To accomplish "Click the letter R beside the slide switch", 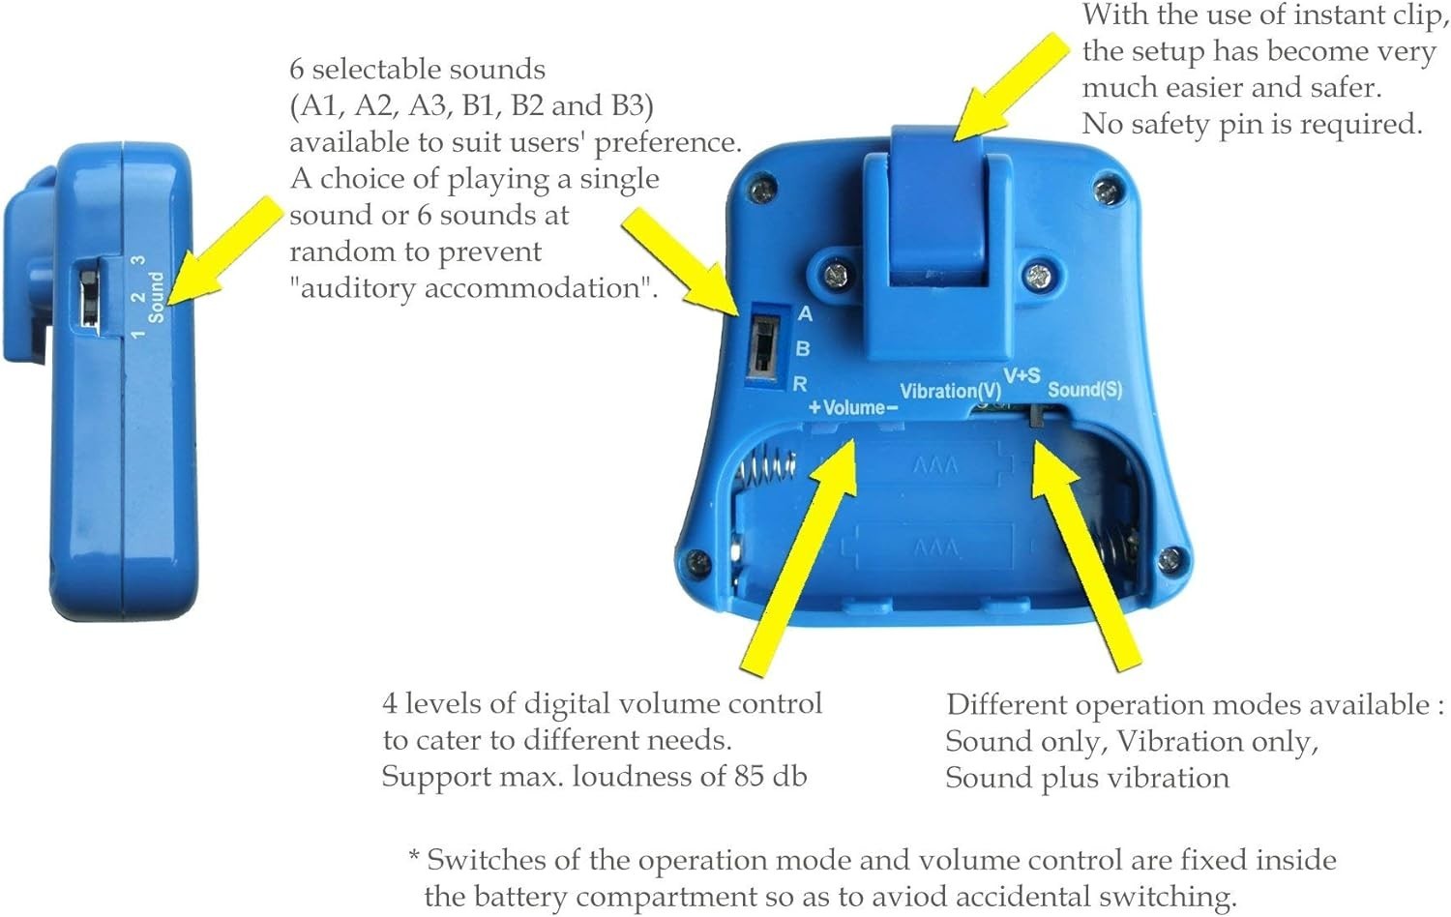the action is pyautogui.click(x=801, y=384).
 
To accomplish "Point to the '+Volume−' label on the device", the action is pyautogui.click(x=853, y=407).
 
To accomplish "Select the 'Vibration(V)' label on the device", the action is pyautogui.click(x=950, y=391).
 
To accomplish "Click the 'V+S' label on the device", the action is pyautogui.click(x=1022, y=375).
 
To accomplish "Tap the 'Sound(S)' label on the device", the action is pyautogui.click(x=1085, y=389).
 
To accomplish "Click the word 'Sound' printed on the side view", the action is pyautogui.click(x=156, y=297).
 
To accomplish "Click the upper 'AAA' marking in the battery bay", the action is pyautogui.click(x=934, y=465).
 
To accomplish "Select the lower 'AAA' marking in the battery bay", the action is pyautogui.click(x=935, y=548).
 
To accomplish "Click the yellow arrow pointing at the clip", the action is pyautogui.click(x=1011, y=86).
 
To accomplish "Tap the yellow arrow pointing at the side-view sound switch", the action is pyautogui.click(x=224, y=251).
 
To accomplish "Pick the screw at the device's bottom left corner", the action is pyautogui.click(x=697, y=561).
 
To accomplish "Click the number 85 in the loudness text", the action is pyautogui.click(x=748, y=777).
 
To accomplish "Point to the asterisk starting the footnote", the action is pyautogui.click(x=415, y=856).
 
